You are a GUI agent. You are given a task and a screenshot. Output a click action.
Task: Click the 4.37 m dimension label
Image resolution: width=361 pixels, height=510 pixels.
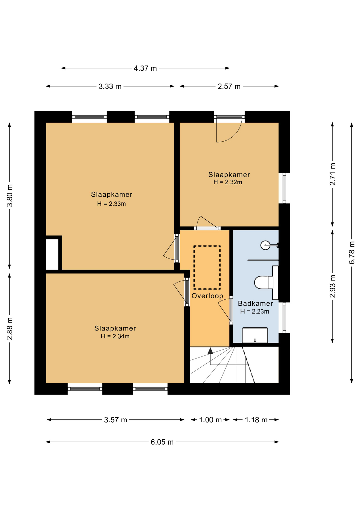pos(145,68)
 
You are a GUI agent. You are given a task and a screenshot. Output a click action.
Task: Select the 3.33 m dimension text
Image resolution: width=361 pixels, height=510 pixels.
pos(110,86)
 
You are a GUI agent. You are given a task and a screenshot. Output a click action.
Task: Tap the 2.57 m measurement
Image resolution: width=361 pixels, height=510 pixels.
pos(229,86)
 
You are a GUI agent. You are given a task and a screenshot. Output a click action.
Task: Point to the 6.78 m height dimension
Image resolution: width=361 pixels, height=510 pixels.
pos(352,252)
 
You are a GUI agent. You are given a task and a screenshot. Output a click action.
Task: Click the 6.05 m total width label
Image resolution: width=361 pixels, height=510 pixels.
pos(162,442)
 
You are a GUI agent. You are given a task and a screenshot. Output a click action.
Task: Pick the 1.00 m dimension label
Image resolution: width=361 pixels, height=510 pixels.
pos(210,420)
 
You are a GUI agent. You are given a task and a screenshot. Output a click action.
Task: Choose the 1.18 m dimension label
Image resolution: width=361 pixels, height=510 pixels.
pos(256,420)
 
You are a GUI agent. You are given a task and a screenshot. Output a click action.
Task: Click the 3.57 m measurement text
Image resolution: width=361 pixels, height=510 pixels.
pos(116,420)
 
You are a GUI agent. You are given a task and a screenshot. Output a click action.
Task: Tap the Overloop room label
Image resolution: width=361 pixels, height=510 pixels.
pos(207,296)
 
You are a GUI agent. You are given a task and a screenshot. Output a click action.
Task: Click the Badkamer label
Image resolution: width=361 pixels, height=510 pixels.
pos(255,303)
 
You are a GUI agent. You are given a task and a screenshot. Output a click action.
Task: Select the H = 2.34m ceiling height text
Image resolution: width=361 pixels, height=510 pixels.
pos(115,336)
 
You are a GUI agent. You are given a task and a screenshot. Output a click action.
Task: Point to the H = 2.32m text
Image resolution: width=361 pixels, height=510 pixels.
pos(228,182)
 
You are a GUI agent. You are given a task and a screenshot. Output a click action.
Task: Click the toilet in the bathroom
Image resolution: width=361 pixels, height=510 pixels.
pos(264,282)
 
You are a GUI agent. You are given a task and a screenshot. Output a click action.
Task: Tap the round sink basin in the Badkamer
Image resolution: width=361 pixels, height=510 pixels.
pos(265,245)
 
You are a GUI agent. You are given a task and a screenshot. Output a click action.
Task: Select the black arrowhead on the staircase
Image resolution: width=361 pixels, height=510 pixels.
pos(211,351)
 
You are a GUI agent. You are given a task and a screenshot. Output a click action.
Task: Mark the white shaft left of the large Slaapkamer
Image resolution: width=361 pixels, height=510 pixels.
pos(52,254)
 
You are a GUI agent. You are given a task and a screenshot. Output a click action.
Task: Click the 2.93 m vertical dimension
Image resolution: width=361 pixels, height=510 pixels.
pos(333,286)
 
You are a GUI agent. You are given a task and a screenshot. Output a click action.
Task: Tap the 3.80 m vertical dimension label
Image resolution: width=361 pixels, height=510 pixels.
pos(10,195)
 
